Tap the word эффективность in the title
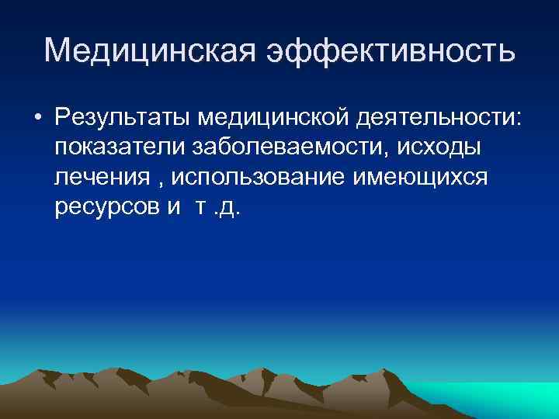391,51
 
